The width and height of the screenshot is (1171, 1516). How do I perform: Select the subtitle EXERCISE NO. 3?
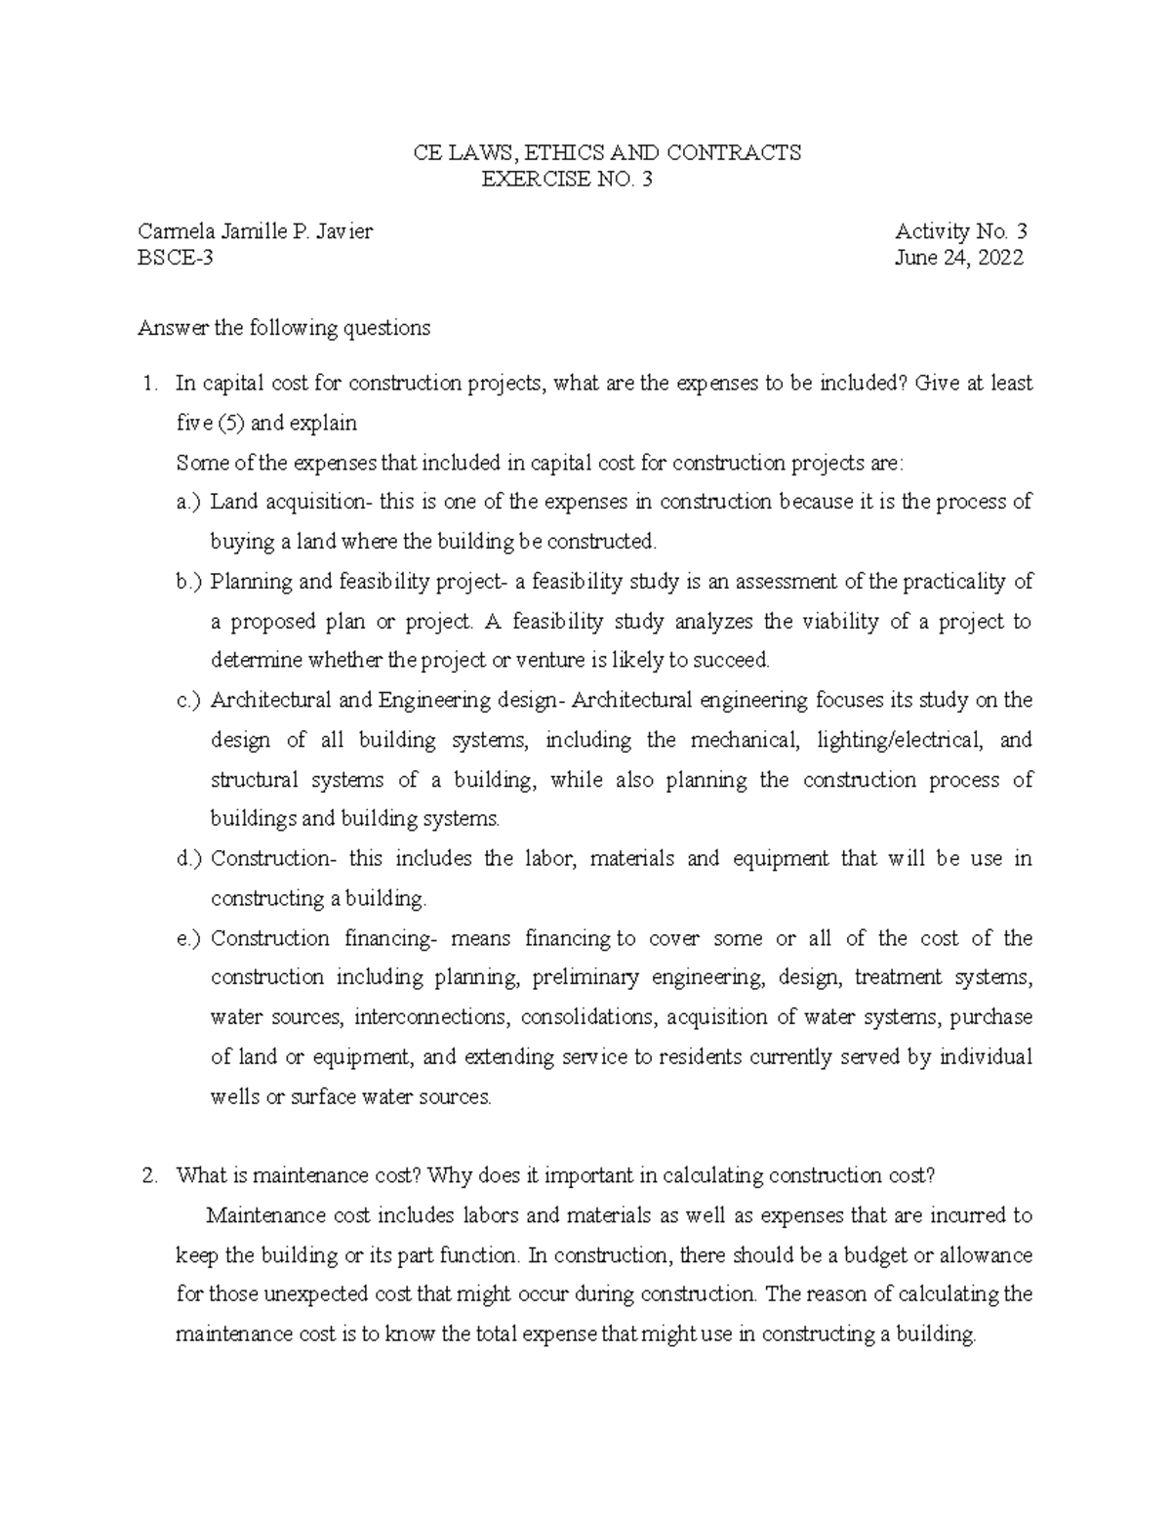[567, 179]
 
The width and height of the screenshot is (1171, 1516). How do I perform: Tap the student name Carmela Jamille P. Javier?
[255, 232]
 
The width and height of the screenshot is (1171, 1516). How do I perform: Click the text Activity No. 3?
[961, 232]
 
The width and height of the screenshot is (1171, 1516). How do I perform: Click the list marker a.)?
[188, 502]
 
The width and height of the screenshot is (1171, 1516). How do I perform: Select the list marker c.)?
[188, 700]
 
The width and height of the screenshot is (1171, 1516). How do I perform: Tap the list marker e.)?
[188, 938]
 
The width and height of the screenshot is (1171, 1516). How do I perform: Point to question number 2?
[149, 1175]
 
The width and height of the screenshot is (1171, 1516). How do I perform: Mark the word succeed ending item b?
[731, 661]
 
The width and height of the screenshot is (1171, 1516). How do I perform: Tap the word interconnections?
[430, 1017]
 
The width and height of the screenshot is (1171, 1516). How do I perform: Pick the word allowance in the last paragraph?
[983, 1254]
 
